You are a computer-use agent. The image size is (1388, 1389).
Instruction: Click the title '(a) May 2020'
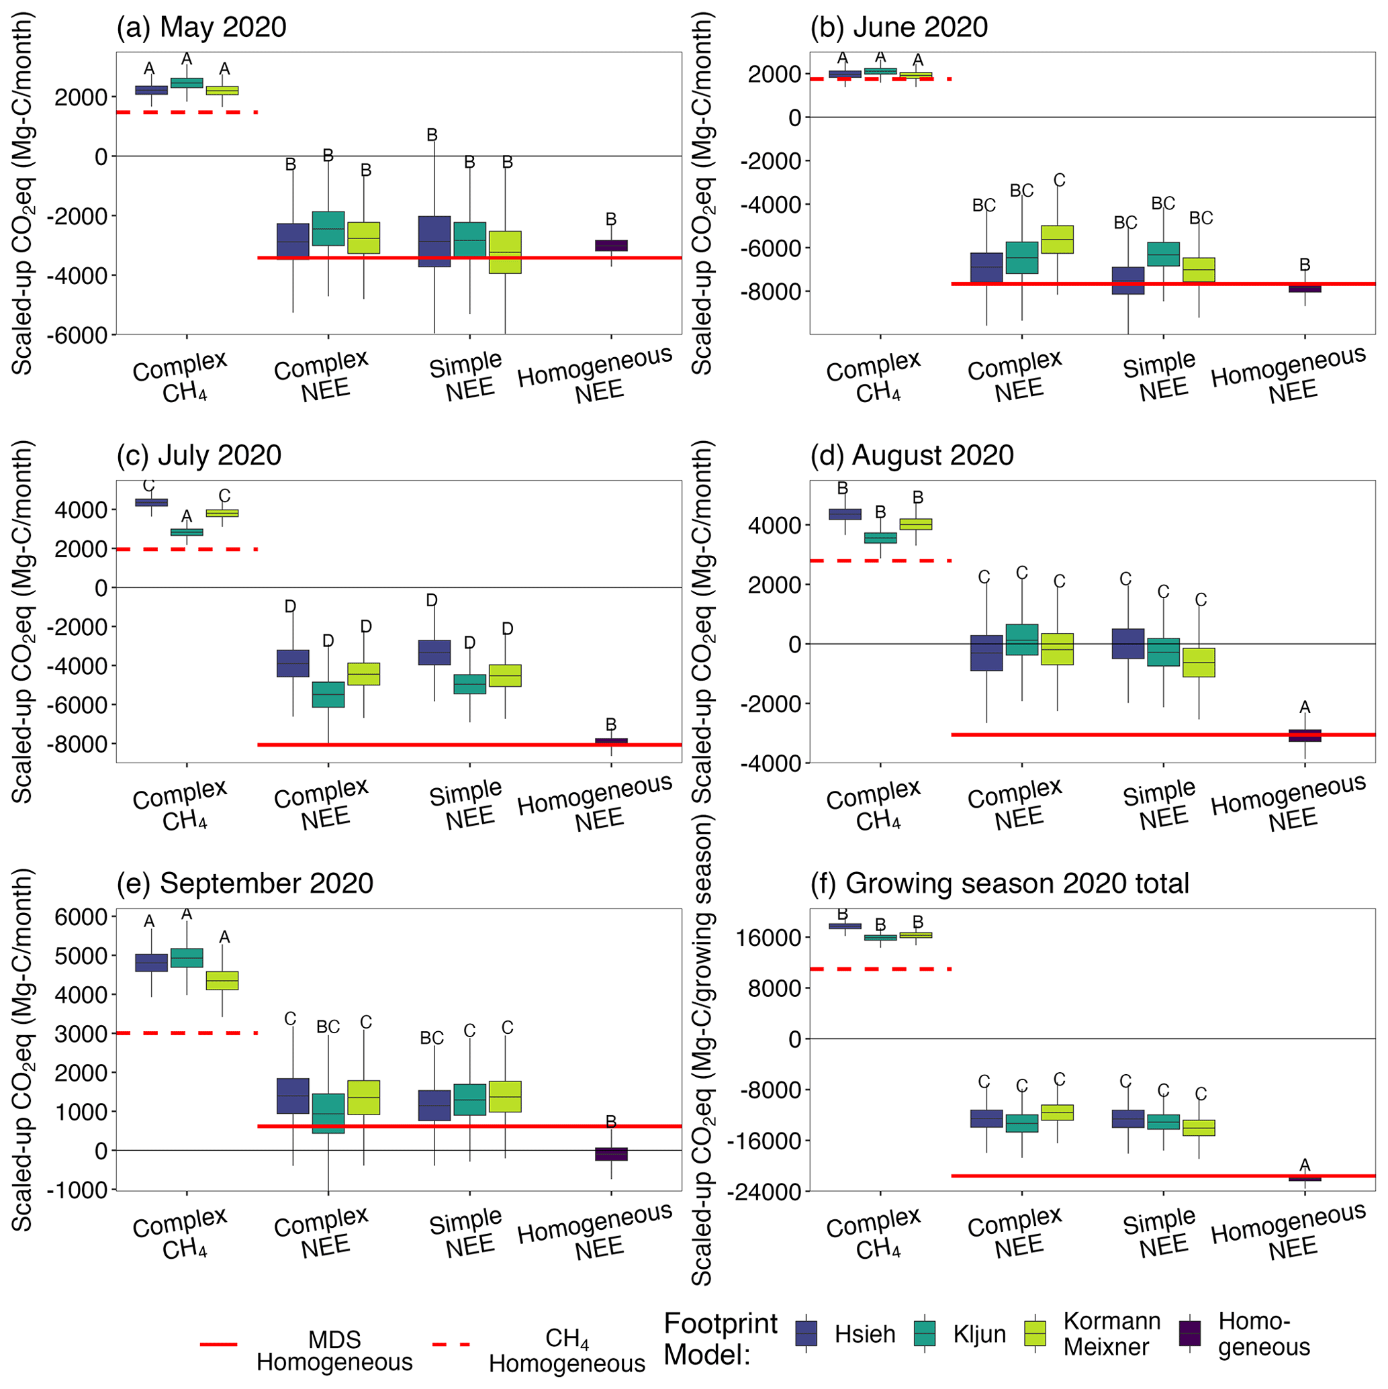coord(201,28)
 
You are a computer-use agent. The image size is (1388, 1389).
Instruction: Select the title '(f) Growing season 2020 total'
coord(999,883)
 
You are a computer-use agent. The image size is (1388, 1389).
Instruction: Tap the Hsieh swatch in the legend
coord(806,1334)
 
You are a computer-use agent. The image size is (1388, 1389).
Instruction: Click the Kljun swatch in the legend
coord(924,1334)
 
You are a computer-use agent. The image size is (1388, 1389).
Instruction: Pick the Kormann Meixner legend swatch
coord(1035,1334)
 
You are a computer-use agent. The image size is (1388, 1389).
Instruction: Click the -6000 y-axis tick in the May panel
coord(81,335)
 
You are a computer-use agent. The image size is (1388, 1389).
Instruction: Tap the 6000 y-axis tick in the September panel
coord(81,916)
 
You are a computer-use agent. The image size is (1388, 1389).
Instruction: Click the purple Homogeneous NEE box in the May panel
coord(611,245)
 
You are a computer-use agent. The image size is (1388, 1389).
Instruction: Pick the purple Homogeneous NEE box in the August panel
coord(1305,734)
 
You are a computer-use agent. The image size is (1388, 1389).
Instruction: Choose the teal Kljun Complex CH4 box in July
coord(186,532)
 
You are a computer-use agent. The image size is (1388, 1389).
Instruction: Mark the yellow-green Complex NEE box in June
coord(1057,239)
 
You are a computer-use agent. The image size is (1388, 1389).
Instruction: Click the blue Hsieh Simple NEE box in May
coord(434,241)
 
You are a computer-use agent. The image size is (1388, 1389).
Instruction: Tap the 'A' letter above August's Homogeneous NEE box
coord(1305,708)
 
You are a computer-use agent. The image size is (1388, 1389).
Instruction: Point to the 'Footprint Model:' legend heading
coord(720,1339)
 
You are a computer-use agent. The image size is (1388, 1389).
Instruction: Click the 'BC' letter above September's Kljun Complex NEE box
coord(328,1026)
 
